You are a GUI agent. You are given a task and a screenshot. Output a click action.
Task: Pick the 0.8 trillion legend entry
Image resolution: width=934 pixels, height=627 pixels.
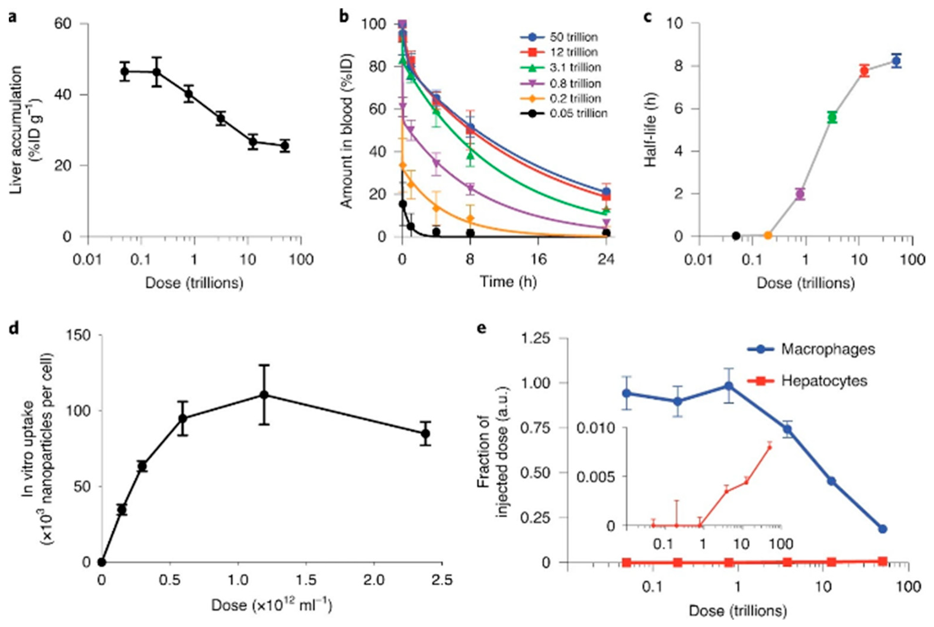(x=575, y=84)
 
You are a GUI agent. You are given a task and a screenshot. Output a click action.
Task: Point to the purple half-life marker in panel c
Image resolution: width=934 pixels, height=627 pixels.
(x=800, y=194)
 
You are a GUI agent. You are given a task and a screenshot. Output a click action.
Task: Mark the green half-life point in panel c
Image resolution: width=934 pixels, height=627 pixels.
(x=832, y=117)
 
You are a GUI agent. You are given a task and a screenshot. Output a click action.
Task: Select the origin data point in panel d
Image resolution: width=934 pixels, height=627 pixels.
(x=102, y=562)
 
